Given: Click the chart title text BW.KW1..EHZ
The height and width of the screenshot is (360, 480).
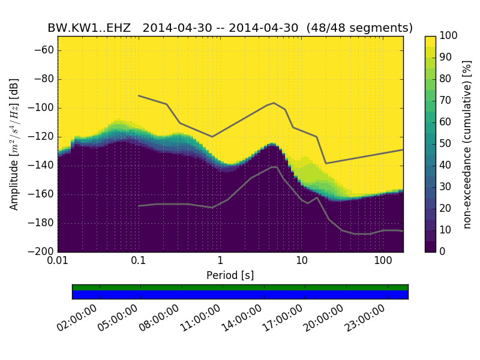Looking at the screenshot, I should click(89, 28).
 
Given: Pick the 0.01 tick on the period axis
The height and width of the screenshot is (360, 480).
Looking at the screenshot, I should click(58, 261).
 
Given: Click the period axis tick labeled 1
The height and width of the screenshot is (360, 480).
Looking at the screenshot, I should click(220, 261).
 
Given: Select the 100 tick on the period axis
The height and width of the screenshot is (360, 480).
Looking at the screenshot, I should click(383, 261).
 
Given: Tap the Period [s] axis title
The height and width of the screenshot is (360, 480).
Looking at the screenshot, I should click(230, 275).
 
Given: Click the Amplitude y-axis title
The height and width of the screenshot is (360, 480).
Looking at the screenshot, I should click(14, 144).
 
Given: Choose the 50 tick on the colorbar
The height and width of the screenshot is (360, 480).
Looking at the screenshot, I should click(446, 144).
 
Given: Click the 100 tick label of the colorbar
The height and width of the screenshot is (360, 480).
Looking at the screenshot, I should click(449, 36).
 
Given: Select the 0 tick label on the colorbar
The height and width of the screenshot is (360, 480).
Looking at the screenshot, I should click(443, 251).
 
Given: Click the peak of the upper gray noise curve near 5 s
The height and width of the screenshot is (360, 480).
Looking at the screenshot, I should click(274, 103).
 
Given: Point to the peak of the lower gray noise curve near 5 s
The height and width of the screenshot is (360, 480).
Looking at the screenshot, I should click(274, 167).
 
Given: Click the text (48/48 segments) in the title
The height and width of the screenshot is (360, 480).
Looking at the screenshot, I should click(359, 28).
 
